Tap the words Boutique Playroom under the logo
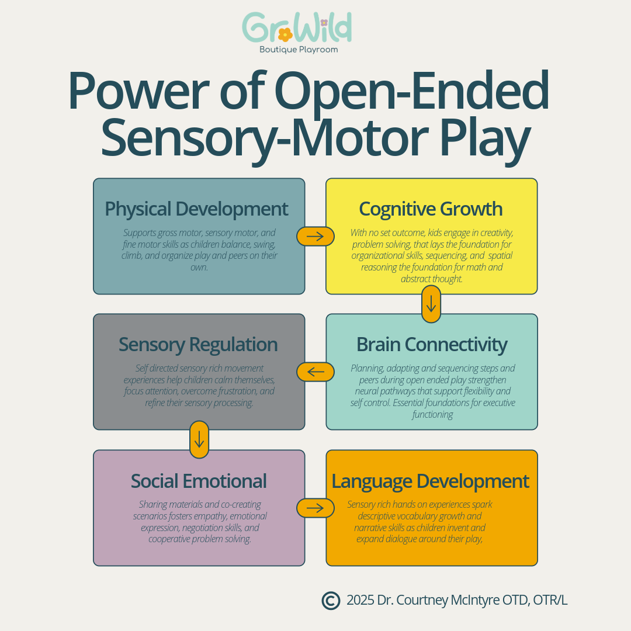click(299, 50)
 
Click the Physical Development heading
click(196, 209)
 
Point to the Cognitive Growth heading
click(431, 209)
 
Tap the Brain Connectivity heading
click(432, 345)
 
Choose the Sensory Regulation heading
click(198, 345)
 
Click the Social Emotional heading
click(199, 481)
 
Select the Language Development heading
click(431, 481)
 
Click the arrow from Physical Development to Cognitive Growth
click(315, 236)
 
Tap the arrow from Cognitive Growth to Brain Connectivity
click(431, 304)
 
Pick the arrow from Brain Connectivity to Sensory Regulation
click(315, 372)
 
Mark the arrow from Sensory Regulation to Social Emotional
click(199, 439)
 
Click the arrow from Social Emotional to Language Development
click(315, 508)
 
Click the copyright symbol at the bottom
click(331, 600)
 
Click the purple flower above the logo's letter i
click(324, 22)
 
